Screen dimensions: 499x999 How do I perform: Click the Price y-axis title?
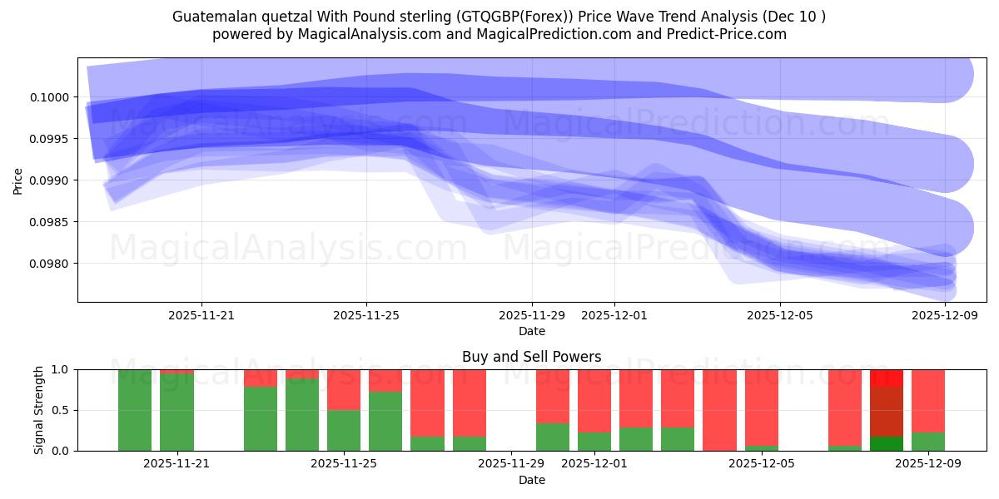pos(17,180)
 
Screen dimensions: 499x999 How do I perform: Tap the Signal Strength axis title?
pos(39,410)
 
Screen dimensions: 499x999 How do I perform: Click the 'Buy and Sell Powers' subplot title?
pos(531,357)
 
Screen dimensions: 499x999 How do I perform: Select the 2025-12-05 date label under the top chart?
pos(779,316)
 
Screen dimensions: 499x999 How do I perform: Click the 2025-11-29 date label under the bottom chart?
pos(509,464)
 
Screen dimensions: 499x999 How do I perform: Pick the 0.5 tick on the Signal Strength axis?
pos(63,410)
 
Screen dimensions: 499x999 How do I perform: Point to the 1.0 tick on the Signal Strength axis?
pos(63,369)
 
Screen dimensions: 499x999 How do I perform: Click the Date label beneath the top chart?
pos(531,331)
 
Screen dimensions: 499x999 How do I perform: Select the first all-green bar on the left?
pos(135,410)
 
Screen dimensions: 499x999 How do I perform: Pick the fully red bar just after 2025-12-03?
pos(719,410)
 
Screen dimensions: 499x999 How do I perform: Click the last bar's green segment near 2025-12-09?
pos(928,442)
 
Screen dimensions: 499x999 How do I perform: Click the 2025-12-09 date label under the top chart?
pos(944,316)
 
